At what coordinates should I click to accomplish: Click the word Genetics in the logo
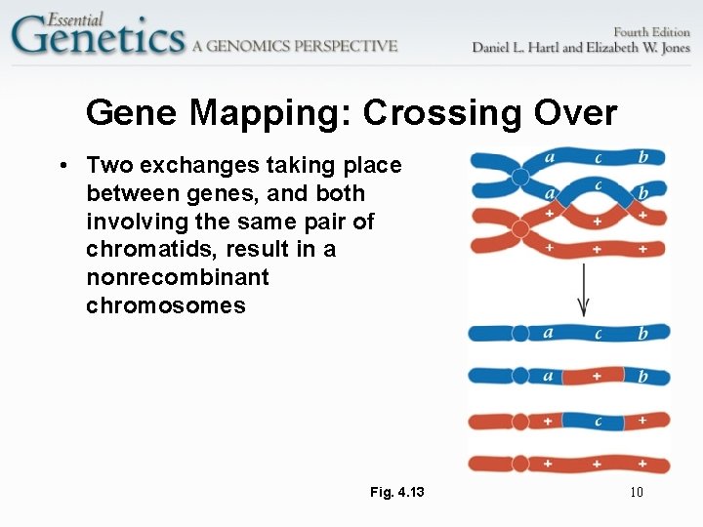(x=98, y=39)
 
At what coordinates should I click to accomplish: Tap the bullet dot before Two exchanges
(x=62, y=166)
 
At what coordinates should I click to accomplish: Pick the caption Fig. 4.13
(x=397, y=492)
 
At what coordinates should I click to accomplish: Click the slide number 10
(x=636, y=492)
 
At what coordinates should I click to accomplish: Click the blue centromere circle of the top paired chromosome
(x=520, y=177)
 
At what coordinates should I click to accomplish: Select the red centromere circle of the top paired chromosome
(x=520, y=230)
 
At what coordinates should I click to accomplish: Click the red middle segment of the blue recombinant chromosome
(x=596, y=376)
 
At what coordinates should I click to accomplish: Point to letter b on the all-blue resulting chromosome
(x=642, y=334)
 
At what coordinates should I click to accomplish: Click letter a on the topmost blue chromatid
(x=549, y=156)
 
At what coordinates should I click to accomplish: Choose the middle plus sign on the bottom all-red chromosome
(x=596, y=464)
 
